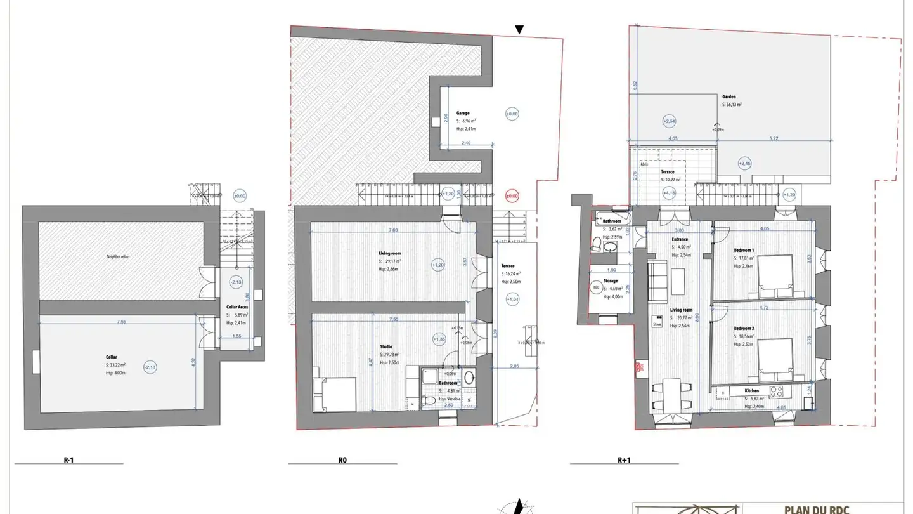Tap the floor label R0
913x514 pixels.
[342, 460]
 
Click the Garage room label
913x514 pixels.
[463, 113]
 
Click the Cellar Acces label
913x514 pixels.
[237, 307]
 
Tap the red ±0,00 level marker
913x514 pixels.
[512, 195]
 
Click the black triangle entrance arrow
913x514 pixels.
[519, 29]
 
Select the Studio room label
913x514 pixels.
[386, 346]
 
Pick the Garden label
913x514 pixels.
[728, 97]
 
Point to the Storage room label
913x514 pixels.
[611, 280]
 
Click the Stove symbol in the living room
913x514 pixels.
[657, 323]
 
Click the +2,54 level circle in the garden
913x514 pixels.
[669, 121]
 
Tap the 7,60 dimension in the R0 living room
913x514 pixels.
[393, 230]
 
